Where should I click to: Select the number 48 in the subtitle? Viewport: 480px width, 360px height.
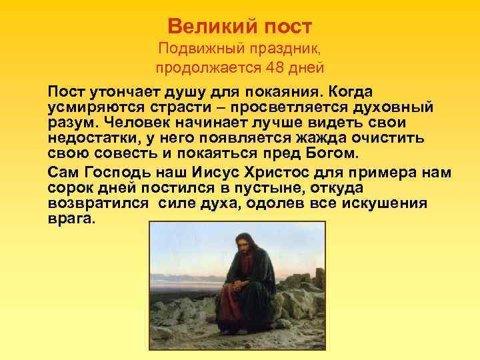(273, 67)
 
